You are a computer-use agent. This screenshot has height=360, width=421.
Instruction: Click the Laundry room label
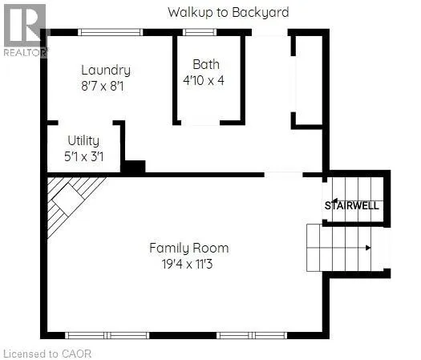tap(106, 71)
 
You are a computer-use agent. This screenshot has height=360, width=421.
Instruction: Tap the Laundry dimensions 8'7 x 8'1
tap(103, 87)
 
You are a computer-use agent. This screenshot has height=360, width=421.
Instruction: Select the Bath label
tap(206, 64)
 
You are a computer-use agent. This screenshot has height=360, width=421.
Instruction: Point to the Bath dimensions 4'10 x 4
tap(204, 80)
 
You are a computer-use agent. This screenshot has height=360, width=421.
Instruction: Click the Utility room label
tap(83, 141)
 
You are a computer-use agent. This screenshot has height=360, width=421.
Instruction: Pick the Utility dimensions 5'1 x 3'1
tap(83, 156)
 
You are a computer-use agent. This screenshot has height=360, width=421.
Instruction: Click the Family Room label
tap(189, 248)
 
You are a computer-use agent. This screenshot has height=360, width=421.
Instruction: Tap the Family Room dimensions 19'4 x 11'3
tap(187, 264)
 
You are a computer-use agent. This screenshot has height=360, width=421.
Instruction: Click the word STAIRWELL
tap(352, 205)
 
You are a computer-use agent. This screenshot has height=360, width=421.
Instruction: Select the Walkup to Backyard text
tap(229, 12)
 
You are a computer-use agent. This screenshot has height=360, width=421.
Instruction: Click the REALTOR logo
tap(25, 30)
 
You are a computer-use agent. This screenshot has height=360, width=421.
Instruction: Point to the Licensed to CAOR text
tap(47, 354)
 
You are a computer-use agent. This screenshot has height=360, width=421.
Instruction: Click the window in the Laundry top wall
tap(111, 32)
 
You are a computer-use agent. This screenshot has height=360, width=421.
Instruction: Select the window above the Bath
tap(200, 32)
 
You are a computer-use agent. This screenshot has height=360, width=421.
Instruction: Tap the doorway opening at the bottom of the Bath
tap(200, 123)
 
